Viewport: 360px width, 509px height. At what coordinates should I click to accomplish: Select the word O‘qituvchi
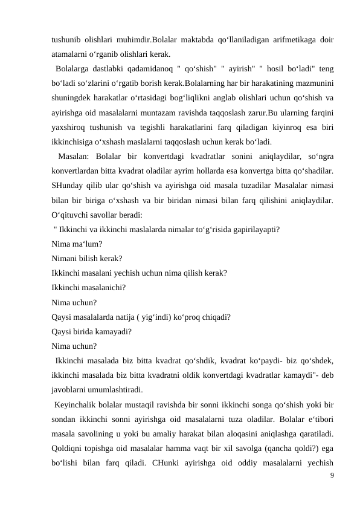72,214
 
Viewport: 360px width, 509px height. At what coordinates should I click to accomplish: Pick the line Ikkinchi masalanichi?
89,287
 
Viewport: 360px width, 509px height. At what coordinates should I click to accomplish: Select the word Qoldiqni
68,447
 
